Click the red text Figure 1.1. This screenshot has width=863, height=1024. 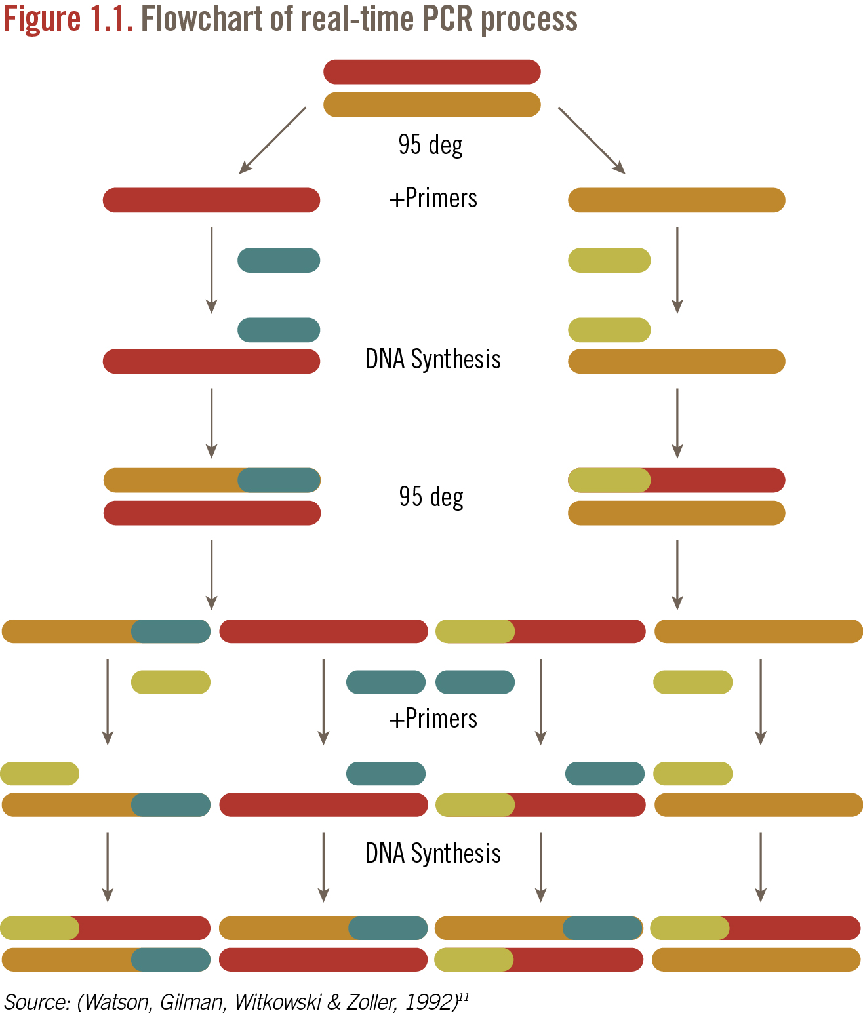[x=68, y=18]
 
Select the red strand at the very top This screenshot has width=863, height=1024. [x=432, y=72]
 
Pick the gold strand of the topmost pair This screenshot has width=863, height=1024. [x=432, y=105]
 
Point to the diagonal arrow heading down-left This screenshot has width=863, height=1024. [x=272, y=140]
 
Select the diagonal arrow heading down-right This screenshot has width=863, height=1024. [x=592, y=140]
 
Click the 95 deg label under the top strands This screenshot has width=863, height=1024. [x=431, y=145]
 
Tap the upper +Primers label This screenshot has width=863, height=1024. [x=433, y=198]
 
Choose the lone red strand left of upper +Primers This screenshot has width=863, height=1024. [x=211, y=200]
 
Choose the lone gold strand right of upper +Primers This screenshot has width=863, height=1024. [x=676, y=200]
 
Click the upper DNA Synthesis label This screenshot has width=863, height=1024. [x=433, y=359]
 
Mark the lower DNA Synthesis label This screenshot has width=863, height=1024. [x=433, y=854]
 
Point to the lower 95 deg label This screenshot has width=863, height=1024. [x=431, y=497]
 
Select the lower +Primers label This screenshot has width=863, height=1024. [x=433, y=719]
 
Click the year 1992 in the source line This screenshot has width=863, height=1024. [x=430, y=1002]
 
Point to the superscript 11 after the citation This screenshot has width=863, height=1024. [x=464, y=997]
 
